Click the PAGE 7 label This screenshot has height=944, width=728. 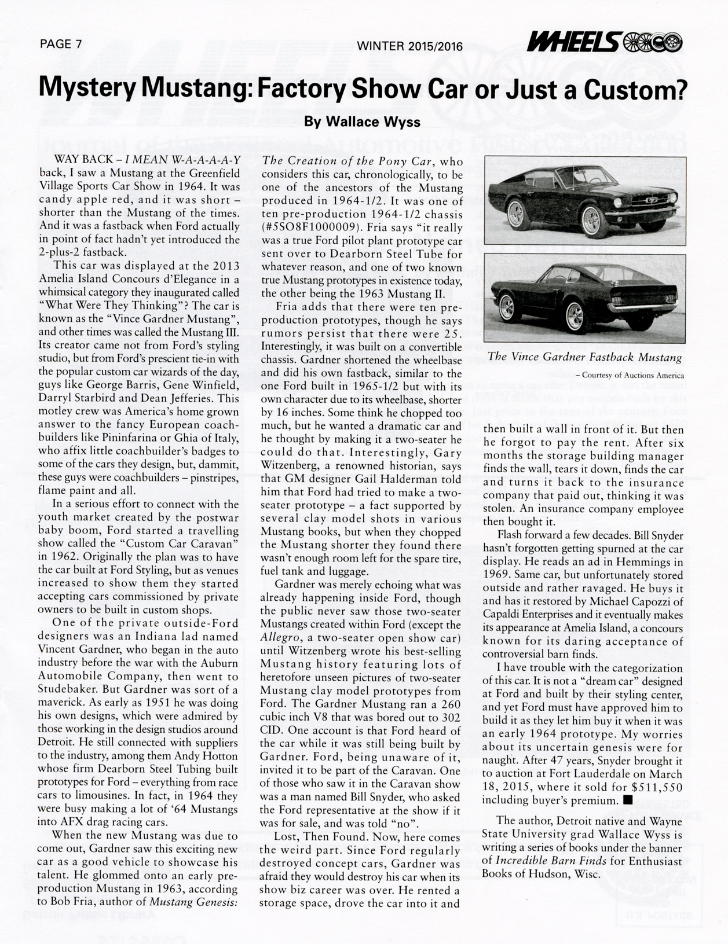61,44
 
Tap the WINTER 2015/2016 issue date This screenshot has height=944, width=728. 410,45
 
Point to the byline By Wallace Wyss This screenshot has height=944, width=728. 363,122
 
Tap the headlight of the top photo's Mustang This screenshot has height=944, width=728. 618,202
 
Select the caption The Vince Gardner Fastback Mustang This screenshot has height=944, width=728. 585,357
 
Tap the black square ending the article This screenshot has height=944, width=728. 628,800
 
